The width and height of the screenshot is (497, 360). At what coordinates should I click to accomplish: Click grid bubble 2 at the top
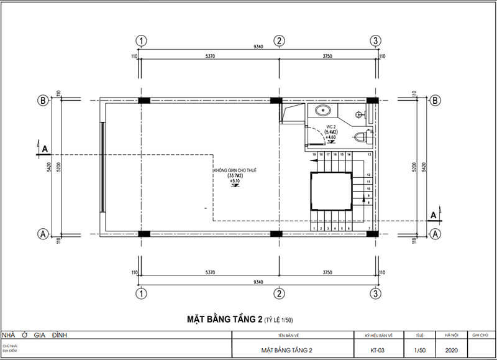280,41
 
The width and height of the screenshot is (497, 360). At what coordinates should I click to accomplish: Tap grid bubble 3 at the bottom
375,293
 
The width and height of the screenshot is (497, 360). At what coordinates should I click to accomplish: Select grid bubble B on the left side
43,100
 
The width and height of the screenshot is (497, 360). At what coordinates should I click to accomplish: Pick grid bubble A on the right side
435,234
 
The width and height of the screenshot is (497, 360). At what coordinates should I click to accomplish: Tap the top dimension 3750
328,57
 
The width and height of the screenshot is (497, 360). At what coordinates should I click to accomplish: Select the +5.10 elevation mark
234,182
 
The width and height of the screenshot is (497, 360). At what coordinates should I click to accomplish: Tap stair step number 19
314,154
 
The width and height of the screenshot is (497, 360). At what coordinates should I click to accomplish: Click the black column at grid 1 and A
144,234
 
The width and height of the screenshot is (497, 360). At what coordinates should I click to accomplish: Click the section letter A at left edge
44,149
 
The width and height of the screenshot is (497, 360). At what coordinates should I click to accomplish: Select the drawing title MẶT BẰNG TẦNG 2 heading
224,320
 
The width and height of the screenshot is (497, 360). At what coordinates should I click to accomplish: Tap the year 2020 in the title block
452,350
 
